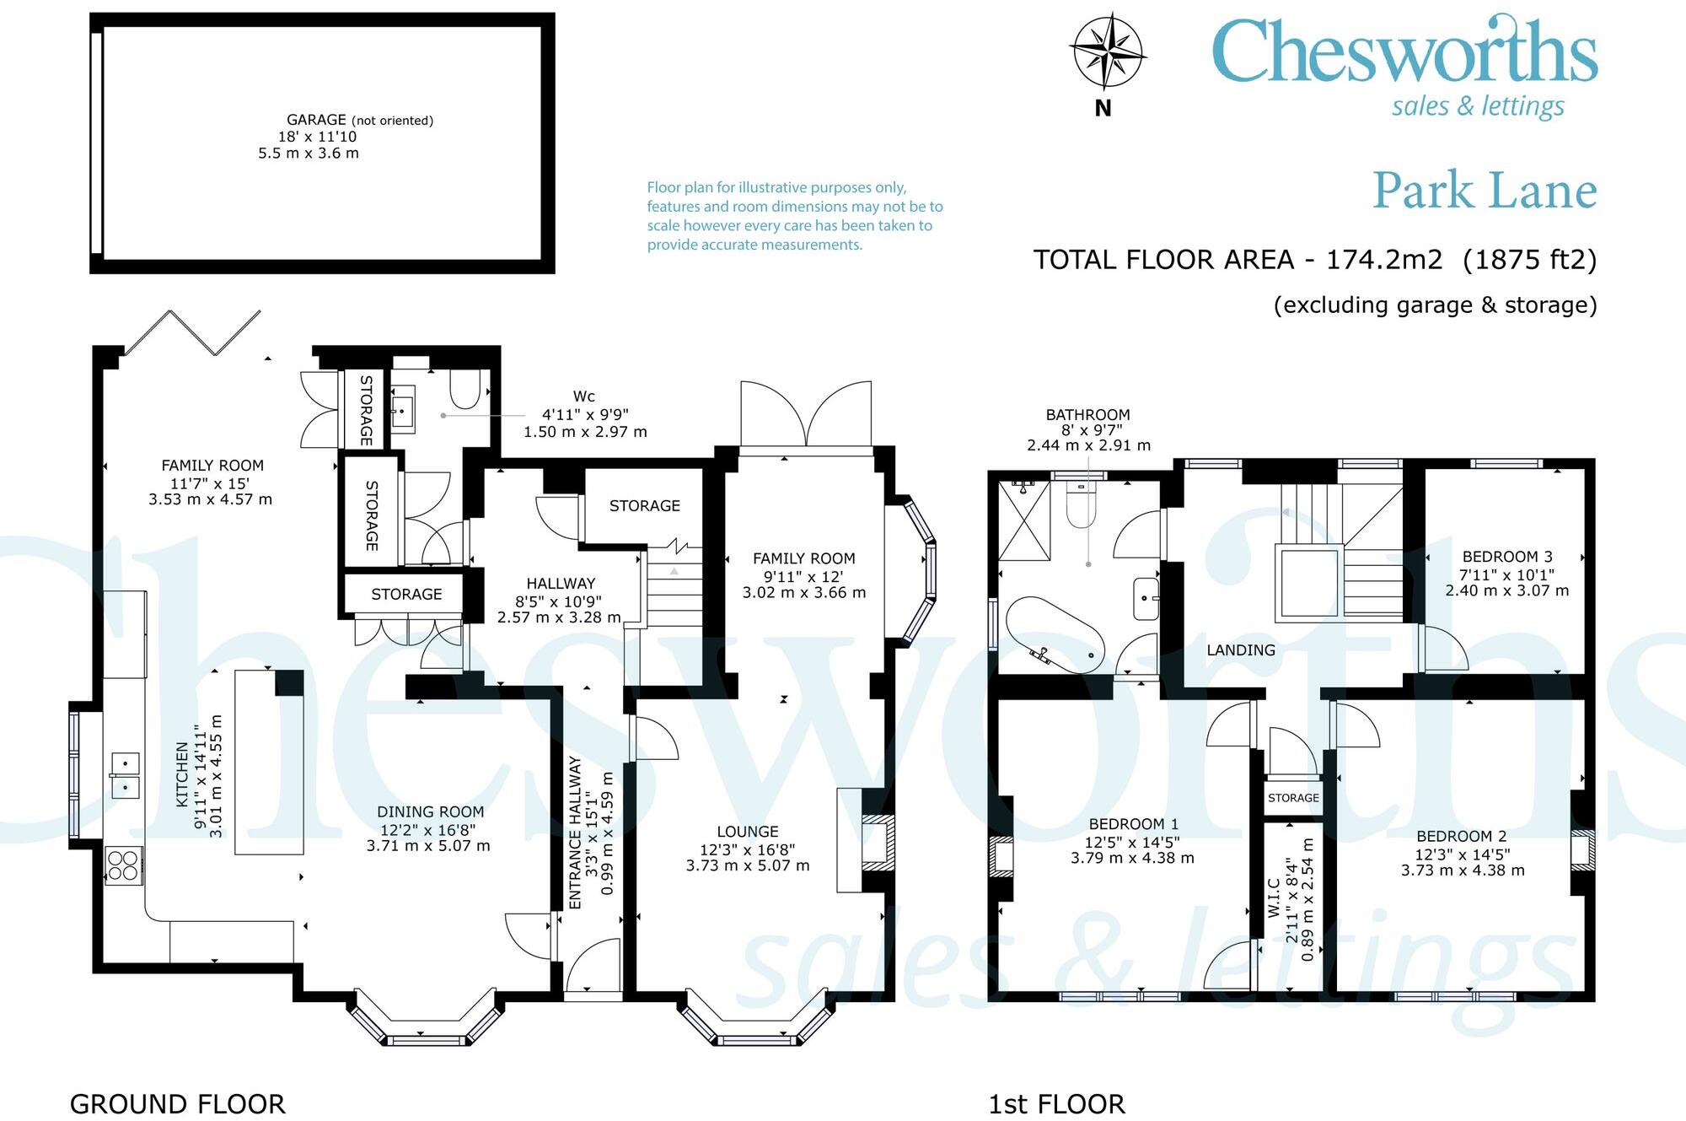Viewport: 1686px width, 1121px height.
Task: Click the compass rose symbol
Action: coord(1106,51)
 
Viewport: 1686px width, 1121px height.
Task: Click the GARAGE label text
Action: coord(316,120)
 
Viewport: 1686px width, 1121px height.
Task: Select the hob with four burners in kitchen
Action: coord(123,865)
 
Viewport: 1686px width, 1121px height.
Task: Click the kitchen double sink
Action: coord(125,775)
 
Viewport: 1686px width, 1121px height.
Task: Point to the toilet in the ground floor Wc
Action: coord(464,389)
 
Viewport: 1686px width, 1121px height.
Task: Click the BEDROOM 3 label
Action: coord(1507,557)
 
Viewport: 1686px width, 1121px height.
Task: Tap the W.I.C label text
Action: coord(1274,897)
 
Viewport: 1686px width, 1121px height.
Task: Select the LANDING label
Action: coord(1240,650)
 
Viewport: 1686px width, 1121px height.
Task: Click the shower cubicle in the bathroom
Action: coord(1025,520)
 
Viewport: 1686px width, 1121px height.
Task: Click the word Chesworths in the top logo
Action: coord(1404,52)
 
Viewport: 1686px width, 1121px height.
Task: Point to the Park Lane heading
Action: coord(1485,191)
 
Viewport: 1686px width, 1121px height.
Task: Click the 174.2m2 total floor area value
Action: coord(1384,259)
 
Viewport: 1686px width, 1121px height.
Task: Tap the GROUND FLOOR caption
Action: coord(177,1103)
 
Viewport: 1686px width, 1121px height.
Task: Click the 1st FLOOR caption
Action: coord(1056,1103)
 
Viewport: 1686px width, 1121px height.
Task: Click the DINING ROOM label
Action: coord(430,811)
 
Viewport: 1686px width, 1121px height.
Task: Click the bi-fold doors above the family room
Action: coord(194,332)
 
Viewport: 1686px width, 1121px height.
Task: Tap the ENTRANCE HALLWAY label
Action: coord(576,832)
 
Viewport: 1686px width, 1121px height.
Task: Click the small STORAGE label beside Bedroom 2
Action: coord(1293,798)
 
